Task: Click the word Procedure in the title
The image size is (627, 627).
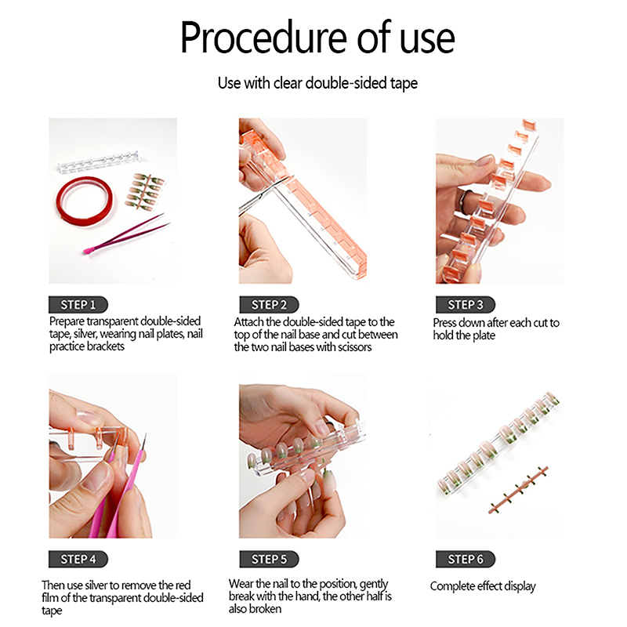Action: pos(264,38)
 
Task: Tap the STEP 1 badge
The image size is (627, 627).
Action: pos(78,305)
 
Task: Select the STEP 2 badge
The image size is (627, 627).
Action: pos(269,305)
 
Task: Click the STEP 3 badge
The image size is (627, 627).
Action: pos(466,305)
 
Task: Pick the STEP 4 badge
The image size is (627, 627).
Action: pos(78,559)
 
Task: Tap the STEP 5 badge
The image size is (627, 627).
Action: pos(269,559)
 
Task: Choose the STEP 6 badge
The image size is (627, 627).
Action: pos(466,559)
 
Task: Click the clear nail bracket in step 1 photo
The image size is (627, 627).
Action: pos(99,162)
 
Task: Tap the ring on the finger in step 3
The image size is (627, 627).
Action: pos(464,199)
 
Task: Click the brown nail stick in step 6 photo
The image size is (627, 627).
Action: pos(518,489)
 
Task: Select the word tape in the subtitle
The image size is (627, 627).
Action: pos(404,84)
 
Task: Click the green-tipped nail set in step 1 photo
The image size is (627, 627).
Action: pos(146,191)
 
